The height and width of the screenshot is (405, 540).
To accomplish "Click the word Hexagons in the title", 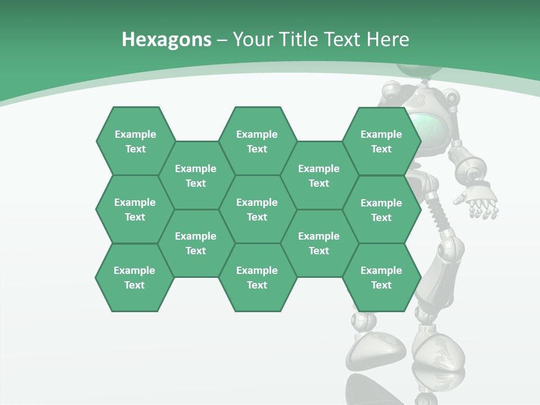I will tap(166, 39).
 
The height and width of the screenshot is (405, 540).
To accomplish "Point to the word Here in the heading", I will tap(388, 39).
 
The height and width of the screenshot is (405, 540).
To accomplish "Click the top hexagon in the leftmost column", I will tap(136, 141).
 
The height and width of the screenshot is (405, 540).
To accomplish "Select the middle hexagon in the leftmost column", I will tap(135, 209).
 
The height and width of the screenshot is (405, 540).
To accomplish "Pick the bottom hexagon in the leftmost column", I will tap(134, 277).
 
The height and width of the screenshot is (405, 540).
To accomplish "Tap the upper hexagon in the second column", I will tap(196, 175).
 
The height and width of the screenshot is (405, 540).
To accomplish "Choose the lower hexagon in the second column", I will tap(196, 243).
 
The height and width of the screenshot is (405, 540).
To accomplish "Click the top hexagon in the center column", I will tap(257, 141).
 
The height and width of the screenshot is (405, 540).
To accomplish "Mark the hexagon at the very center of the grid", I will tap(257, 209).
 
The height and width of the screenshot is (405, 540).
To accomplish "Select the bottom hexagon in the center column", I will tap(257, 277).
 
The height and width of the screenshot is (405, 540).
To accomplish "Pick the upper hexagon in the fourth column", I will tap(319, 175).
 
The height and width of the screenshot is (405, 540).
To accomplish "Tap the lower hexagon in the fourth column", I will tap(319, 243).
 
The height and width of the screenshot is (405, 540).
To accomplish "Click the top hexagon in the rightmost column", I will tap(381, 141).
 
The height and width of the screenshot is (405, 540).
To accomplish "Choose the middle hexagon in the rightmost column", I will tap(381, 210).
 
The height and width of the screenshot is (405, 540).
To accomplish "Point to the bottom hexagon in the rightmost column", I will tap(381, 277).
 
